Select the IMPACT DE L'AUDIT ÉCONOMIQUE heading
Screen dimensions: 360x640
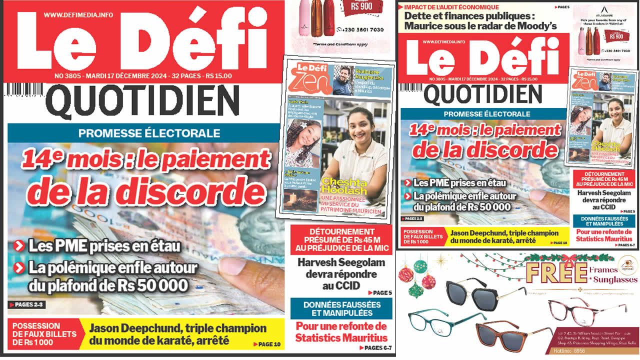pyautogui.click(x=451, y=7)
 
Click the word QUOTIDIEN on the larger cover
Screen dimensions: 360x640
pyautogui.click(x=145, y=100)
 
